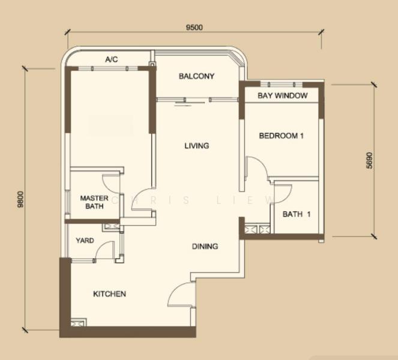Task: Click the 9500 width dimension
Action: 194,27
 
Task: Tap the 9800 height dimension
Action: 20,199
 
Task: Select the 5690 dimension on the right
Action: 369,160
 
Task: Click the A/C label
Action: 112,59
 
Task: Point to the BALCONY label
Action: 196,76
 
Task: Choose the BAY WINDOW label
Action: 283,95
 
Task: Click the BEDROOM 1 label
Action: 281,136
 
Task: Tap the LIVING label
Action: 197,146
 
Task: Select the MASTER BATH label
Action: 94,202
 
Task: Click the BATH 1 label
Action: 297,214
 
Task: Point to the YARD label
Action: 85,240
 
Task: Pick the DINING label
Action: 205,246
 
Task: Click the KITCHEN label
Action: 109,294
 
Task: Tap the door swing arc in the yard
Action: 101,246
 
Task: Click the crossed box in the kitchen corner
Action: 75,324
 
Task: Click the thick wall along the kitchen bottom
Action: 128,332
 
